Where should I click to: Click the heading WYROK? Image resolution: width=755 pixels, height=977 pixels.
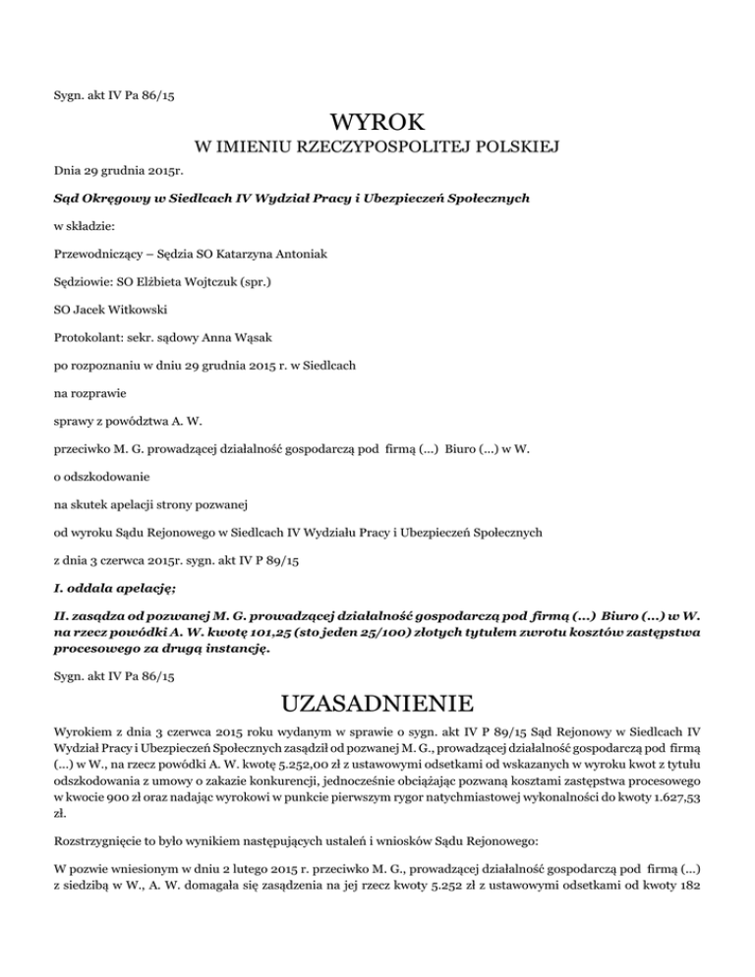click(377, 124)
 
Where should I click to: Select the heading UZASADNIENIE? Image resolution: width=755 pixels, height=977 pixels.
click(377, 705)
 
